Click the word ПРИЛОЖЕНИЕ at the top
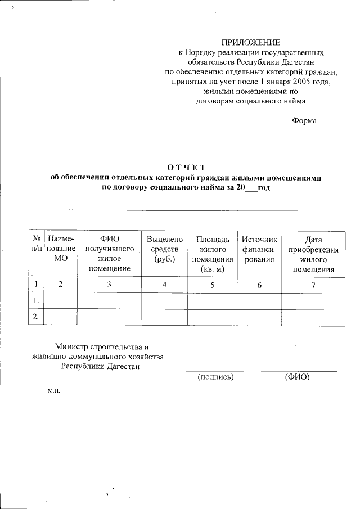coord(250,43)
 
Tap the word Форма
coord(304,120)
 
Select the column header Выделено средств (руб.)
coord(164,249)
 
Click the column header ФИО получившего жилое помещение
coord(109,254)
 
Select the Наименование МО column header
coord(61,249)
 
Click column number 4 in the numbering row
coord(164,285)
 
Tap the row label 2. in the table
coord(37,317)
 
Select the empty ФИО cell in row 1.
coord(109,301)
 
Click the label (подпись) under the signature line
coord(215,377)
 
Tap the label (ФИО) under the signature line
coord(298,377)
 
